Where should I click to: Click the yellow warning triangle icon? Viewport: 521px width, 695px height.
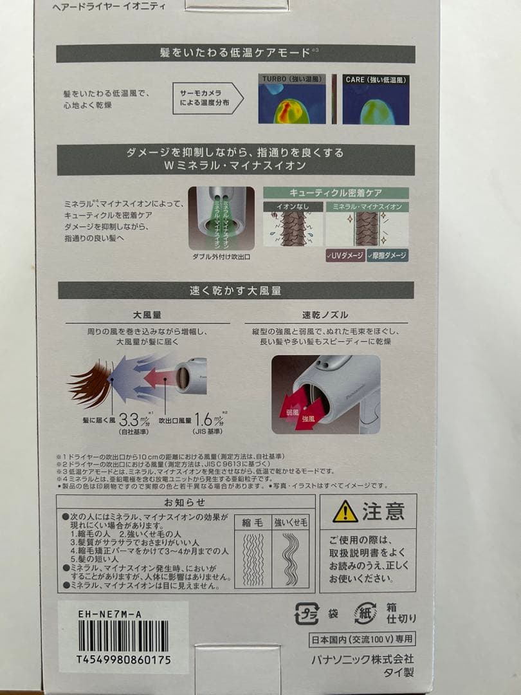pos(345,512)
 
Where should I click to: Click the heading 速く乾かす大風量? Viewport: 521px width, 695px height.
pos(235,291)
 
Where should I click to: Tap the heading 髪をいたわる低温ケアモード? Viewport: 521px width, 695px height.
pos(235,53)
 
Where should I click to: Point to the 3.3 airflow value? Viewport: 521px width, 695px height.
pos(129,422)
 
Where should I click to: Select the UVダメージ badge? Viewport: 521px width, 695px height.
pos(345,255)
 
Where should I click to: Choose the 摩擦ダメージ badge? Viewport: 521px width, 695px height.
pos(387,255)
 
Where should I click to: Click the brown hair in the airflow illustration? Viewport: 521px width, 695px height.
pos(91,385)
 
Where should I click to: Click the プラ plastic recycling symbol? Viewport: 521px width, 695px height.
pos(307,614)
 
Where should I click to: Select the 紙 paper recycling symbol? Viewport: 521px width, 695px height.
pos(365,614)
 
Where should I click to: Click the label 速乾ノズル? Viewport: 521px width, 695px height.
pos(325,315)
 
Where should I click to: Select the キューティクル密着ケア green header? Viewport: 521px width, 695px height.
pos(336,193)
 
